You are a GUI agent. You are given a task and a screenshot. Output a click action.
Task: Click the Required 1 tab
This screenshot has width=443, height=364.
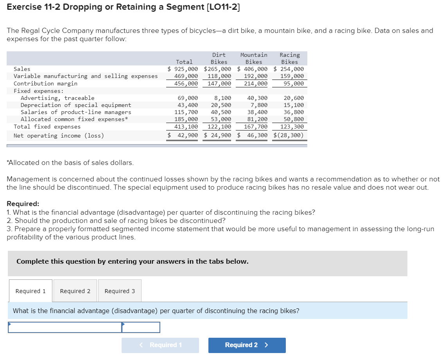point(30,291)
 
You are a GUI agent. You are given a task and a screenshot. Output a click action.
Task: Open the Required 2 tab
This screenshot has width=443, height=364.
point(75,291)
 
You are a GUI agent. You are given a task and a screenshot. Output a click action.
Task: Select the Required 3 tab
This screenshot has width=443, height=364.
point(120,291)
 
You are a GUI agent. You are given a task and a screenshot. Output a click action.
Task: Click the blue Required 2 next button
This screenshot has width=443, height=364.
point(247,345)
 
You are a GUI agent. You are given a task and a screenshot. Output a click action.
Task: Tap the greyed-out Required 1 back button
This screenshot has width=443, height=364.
point(160,345)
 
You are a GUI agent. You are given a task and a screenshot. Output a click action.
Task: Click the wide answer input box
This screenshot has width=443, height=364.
point(65,327)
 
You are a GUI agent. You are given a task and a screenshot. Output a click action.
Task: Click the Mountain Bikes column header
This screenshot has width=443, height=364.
point(254,58)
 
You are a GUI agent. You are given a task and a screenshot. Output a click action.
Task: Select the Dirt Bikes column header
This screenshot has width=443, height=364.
point(219,58)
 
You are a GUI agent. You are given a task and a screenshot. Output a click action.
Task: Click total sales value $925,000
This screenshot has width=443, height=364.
point(183,69)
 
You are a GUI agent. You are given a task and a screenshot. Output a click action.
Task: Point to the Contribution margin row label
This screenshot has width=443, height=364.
point(45,83)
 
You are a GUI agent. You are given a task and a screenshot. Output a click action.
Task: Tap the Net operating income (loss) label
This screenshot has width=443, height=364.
point(59,136)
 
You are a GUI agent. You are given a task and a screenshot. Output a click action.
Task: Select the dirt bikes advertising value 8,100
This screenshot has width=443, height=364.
point(222,98)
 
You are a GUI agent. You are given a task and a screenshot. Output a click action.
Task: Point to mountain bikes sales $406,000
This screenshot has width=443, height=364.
point(253,69)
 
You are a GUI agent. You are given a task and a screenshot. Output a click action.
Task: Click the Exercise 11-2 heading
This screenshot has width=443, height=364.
point(123,7)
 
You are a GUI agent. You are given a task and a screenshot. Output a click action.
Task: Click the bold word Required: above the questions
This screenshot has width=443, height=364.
point(23,204)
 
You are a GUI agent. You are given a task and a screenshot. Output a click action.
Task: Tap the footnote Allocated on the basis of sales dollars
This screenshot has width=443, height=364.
point(70,162)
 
